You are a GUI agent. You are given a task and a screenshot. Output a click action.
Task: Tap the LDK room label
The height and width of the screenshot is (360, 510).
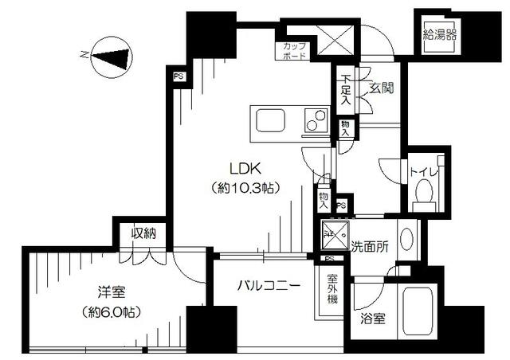[245, 169]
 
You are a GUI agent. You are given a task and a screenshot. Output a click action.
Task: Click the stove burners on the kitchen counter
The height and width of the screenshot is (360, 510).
[316, 122]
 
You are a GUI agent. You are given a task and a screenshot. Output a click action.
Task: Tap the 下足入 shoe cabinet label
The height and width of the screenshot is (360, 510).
[346, 88]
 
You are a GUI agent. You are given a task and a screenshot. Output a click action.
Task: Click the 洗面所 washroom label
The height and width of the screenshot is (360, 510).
[370, 247]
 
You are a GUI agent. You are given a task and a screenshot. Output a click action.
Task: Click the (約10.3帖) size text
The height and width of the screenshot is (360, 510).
[245, 189]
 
